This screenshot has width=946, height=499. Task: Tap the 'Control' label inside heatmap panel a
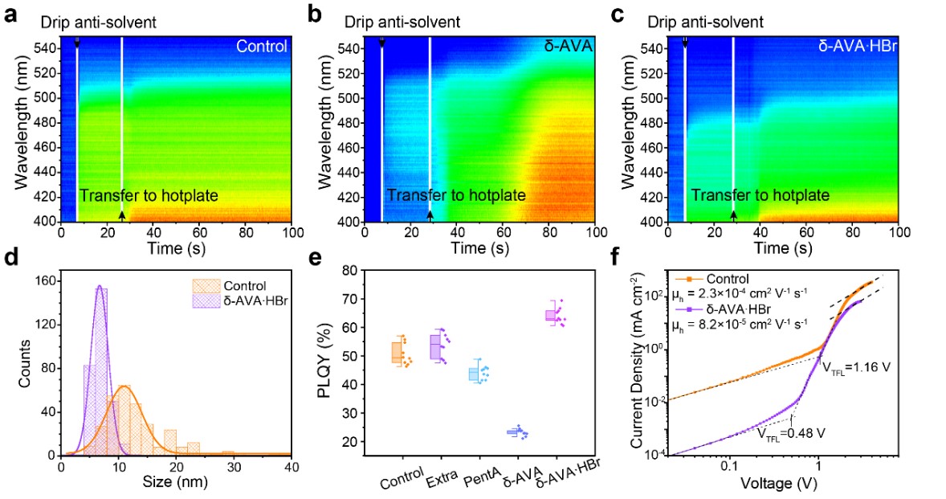click(261, 47)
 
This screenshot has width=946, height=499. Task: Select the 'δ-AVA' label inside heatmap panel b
click(567, 47)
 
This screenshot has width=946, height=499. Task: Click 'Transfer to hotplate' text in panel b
click(455, 195)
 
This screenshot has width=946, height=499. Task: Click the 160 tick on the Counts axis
click(46, 282)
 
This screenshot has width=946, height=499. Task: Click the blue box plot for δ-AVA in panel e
click(518, 432)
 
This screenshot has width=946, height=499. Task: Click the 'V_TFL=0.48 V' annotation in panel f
click(792, 431)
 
